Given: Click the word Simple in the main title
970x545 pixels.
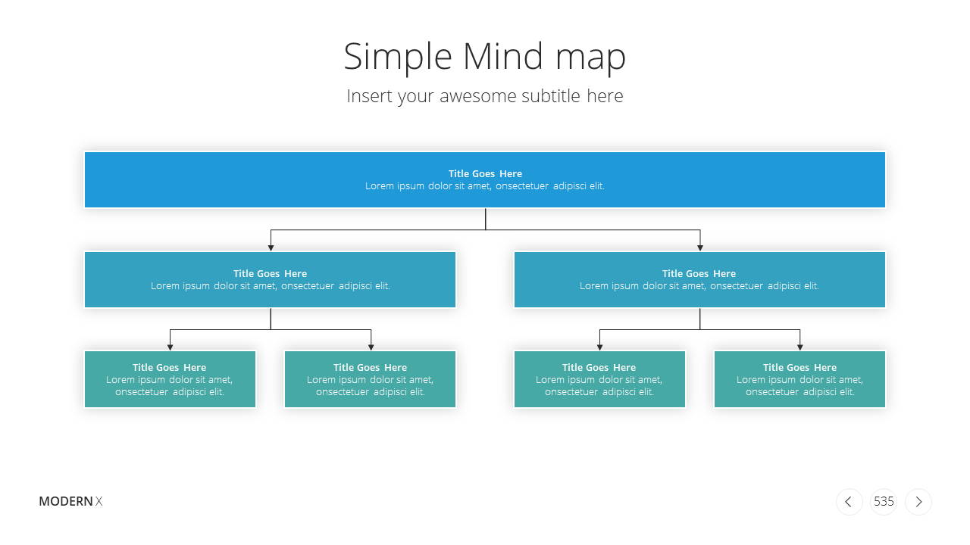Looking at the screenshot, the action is [x=398, y=57].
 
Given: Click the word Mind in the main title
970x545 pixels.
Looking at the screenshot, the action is [x=502, y=55].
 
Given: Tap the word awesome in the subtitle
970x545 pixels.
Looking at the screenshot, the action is [x=477, y=96].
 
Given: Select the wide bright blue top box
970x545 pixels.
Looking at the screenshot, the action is [x=484, y=179].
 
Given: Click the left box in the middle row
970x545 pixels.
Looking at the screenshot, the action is [x=270, y=279].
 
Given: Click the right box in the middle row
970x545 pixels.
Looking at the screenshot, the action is [x=699, y=279].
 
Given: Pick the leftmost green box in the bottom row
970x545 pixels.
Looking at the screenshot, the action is [x=170, y=379].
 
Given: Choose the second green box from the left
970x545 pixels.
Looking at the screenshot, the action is [x=370, y=379].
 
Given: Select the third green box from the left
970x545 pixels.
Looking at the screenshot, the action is [x=599, y=379].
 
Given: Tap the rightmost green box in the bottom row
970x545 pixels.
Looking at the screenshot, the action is [x=799, y=379].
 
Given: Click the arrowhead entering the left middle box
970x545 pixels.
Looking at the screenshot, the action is [x=271, y=248].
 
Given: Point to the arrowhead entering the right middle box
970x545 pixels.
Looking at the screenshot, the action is [x=699, y=248].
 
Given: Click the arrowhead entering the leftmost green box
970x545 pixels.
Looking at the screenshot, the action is [x=171, y=347].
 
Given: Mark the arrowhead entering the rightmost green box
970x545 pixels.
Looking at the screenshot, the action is [x=799, y=347].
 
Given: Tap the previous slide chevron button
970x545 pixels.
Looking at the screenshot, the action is [x=849, y=502].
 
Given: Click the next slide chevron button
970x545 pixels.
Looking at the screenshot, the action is [x=918, y=502].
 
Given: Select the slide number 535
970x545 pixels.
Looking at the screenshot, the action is [x=884, y=501].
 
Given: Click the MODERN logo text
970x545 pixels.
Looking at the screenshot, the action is [x=66, y=501].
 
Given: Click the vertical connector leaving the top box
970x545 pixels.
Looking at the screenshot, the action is [x=486, y=219].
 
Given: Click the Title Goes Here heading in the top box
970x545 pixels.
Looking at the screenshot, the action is [x=485, y=173].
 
